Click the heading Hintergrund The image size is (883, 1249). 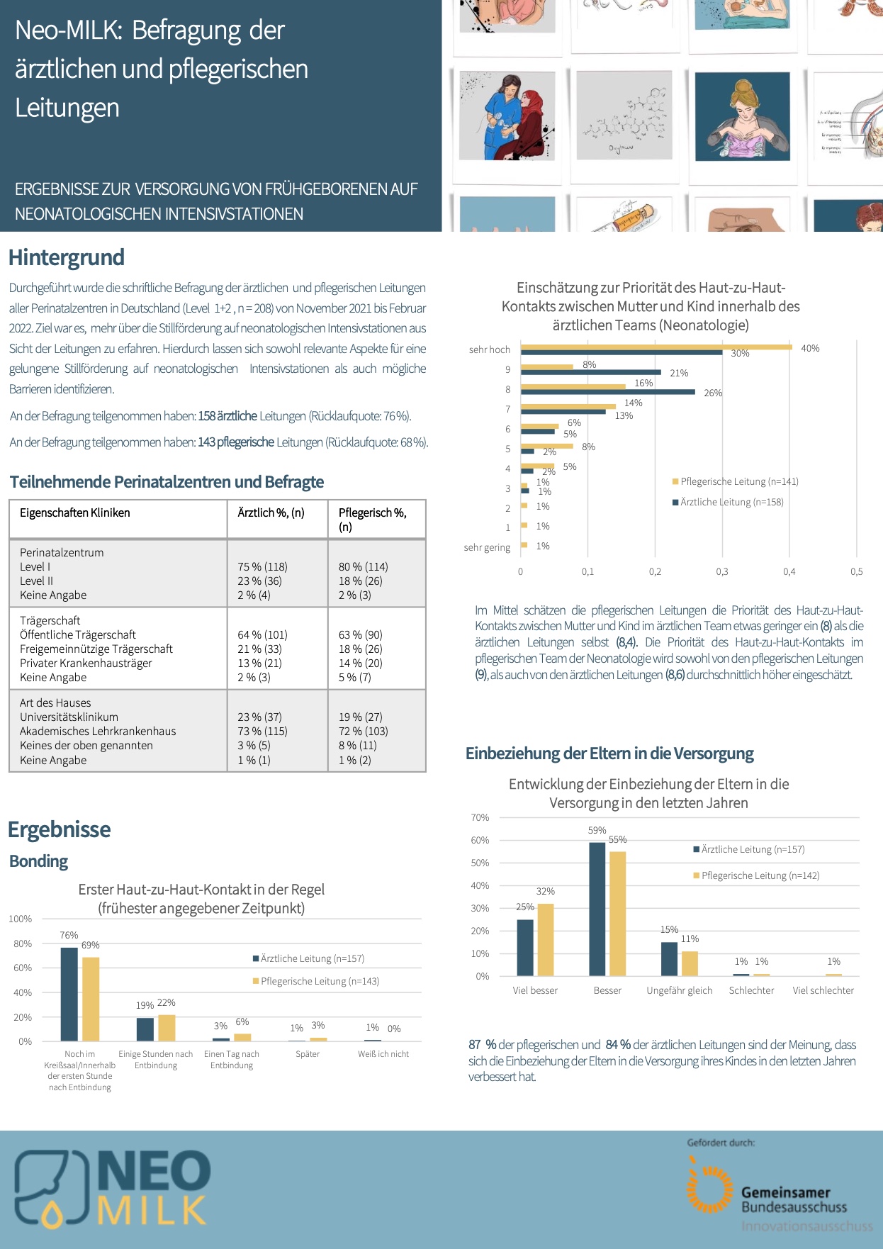(x=67, y=257)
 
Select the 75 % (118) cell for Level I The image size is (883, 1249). (x=262, y=566)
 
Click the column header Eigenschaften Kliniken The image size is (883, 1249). (x=75, y=513)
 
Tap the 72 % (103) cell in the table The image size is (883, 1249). (x=363, y=731)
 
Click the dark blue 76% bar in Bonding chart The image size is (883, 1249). (x=69, y=994)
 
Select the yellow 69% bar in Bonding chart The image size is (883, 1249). (x=91, y=999)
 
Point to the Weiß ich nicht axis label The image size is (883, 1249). (x=383, y=1054)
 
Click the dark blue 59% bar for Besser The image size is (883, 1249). (x=597, y=909)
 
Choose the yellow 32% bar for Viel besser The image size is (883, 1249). (x=546, y=940)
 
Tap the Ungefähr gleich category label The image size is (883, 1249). (x=679, y=990)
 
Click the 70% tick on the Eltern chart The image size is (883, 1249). (x=480, y=817)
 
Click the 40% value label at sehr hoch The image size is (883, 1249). (x=810, y=348)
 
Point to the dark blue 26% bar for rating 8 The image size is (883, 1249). (x=607, y=391)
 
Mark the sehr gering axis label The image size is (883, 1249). (x=487, y=547)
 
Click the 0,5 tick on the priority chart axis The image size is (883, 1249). (x=856, y=571)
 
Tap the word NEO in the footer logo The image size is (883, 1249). (x=154, y=1170)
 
